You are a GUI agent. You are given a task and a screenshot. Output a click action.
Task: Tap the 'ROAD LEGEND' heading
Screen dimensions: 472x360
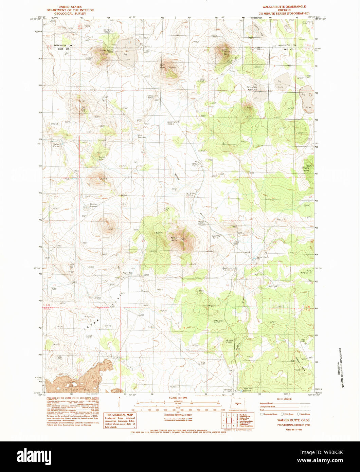(x=284, y=399)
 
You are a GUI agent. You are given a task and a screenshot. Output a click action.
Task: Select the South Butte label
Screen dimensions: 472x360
(x=163, y=66)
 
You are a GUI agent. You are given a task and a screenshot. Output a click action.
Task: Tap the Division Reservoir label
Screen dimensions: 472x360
(x=93, y=205)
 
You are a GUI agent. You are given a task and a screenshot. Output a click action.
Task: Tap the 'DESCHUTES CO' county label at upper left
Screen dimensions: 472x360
(x=65, y=46)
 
